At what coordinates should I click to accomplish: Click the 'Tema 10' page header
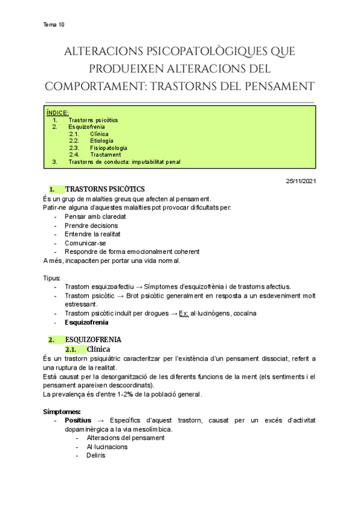click(54, 25)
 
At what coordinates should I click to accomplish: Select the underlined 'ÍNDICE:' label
click(58, 113)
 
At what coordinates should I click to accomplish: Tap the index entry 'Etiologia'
click(101, 141)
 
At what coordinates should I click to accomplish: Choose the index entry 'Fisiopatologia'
click(109, 148)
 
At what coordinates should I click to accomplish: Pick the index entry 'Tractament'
click(105, 155)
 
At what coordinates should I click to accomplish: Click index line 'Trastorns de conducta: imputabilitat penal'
click(124, 162)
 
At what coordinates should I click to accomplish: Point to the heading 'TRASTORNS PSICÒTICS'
click(104, 190)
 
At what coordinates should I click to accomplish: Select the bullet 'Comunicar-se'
click(85, 243)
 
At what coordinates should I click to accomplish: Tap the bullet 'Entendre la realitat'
click(95, 234)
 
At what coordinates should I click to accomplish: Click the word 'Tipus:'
click(52, 279)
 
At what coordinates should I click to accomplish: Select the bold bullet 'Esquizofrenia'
click(86, 322)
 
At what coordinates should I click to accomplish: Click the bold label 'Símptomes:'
click(62, 412)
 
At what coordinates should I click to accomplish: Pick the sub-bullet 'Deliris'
click(95, 455)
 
